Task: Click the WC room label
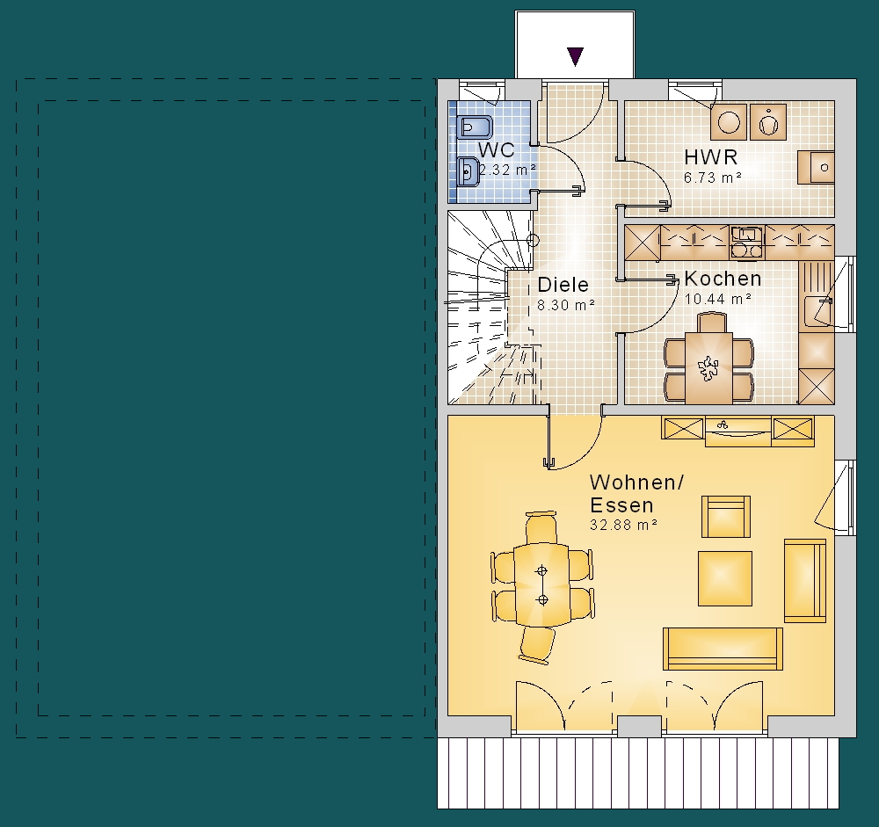click(496, 150)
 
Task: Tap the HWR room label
click(710, 157)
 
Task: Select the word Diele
click(563, 284)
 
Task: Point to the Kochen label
click(723, 278)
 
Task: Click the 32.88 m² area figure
click(623, 525)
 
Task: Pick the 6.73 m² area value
click(713, 178)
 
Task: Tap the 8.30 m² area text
click(565, 305)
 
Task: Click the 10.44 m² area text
click(717, 299)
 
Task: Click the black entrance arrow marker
click(575, 56)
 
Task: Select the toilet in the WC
click(475, 127)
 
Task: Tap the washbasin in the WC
click(468, 171)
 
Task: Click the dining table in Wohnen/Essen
click(541, 584)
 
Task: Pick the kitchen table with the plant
click(708, 368)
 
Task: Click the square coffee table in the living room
click(725, 578)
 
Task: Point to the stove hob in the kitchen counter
click(746, 243)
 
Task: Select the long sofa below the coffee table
click(723, 649)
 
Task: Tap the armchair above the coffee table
click(726, 517)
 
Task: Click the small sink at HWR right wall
click(817, 167)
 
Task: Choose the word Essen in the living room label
click(621, 505)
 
